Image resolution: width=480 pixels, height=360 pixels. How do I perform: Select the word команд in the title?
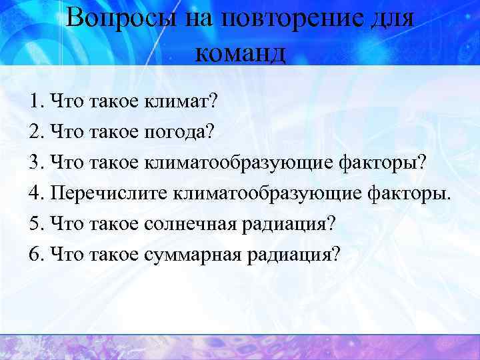(241, 51)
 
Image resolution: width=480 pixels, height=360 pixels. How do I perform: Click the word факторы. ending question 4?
(409, 193)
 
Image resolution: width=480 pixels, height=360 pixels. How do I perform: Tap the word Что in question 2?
(67, 132)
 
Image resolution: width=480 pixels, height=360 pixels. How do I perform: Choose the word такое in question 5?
(114, 223)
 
